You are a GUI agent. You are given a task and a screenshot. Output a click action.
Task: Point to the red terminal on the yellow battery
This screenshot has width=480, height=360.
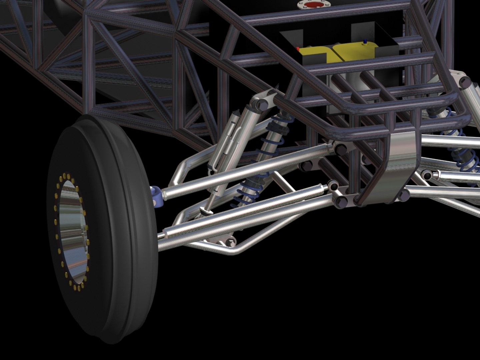click(298, 49)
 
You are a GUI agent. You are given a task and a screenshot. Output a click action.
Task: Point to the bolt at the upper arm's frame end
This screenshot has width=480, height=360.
click(339, 149)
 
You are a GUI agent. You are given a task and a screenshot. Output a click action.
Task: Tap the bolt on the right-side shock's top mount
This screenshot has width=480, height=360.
click(464, 81)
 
